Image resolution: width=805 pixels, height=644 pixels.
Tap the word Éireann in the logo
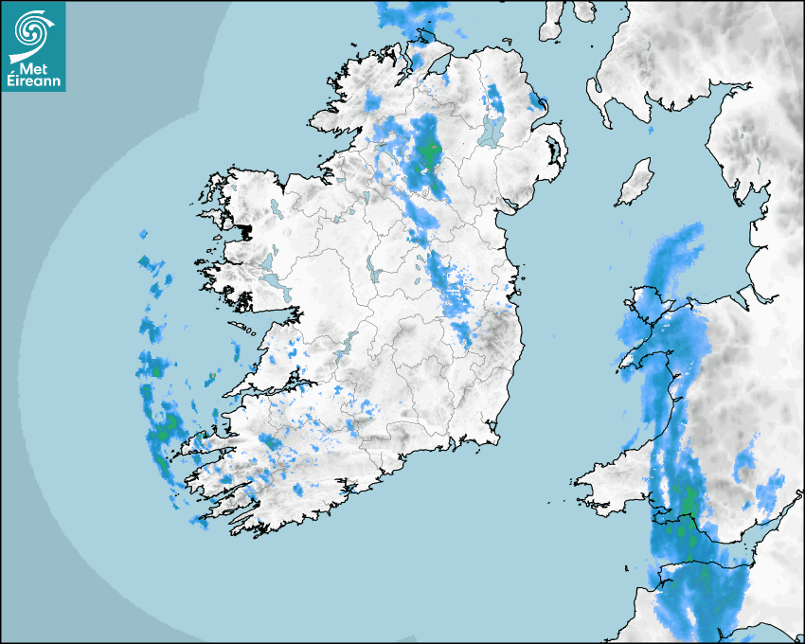(x=34, y=81)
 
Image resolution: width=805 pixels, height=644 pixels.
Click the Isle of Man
(x=635, y=182)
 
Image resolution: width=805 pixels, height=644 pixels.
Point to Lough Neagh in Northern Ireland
(x=492, y=132)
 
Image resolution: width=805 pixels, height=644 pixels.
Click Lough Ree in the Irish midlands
(x=372, y=272)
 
